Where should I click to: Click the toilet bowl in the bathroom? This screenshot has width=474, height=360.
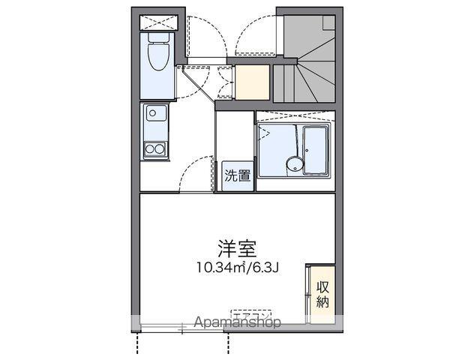tap(157, 56)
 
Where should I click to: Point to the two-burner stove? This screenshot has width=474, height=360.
tap(156, 148)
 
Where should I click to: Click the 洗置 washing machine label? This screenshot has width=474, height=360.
tap(238, 176)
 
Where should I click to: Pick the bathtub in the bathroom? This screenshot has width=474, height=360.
tap(315, 148)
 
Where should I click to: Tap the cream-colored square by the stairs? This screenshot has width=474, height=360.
tap(252, 82)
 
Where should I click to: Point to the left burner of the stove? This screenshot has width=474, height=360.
tap(150, 148)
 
